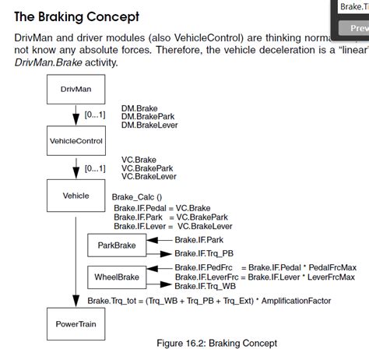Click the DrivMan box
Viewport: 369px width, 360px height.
pyautogui.click(x=76, y=90)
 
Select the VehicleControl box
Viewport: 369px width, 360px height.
pyautogui.click(x=76, y=142)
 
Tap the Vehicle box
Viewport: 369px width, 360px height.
pyautogui.click(x=76, y=196)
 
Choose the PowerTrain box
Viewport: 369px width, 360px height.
pyautogui.click(x=76, y=323)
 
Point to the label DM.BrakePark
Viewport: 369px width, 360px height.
pyautogui.click(x=149, y=115)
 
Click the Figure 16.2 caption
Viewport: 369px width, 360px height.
pyautogui.click(x=216, y=343)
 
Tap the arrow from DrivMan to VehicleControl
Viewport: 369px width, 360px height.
pyautogui.click(x=76, y=115)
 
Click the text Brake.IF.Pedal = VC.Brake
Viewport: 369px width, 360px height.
pyautogui.click(x=162, y=208)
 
